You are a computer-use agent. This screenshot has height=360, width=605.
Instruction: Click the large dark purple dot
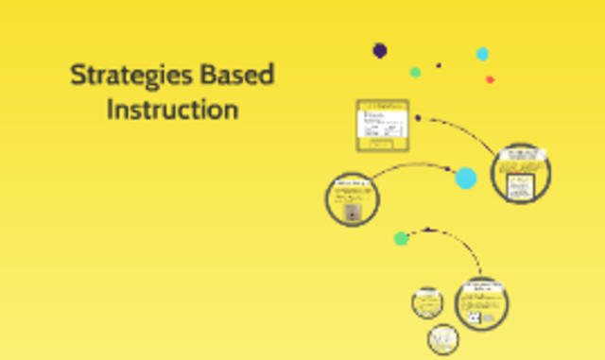380,50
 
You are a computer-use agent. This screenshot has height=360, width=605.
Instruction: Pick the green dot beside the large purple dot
415,72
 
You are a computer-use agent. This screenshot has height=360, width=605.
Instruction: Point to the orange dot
490,79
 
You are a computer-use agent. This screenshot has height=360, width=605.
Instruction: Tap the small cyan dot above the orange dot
482,54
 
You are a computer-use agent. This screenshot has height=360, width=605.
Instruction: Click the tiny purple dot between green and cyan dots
439,65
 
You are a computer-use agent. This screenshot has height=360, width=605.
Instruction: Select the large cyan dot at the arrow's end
466,178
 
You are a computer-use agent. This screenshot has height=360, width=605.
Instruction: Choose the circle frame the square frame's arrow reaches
521,172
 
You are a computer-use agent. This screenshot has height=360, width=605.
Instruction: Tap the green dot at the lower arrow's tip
401,238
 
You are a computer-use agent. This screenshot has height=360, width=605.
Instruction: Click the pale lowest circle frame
442,339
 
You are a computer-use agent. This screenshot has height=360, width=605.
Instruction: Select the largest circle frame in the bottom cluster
483,303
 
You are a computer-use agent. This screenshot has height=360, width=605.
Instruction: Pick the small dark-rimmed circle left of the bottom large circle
427,302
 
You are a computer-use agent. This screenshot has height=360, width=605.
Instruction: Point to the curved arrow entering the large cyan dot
406,166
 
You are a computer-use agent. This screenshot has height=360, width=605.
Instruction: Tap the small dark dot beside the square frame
418,119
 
